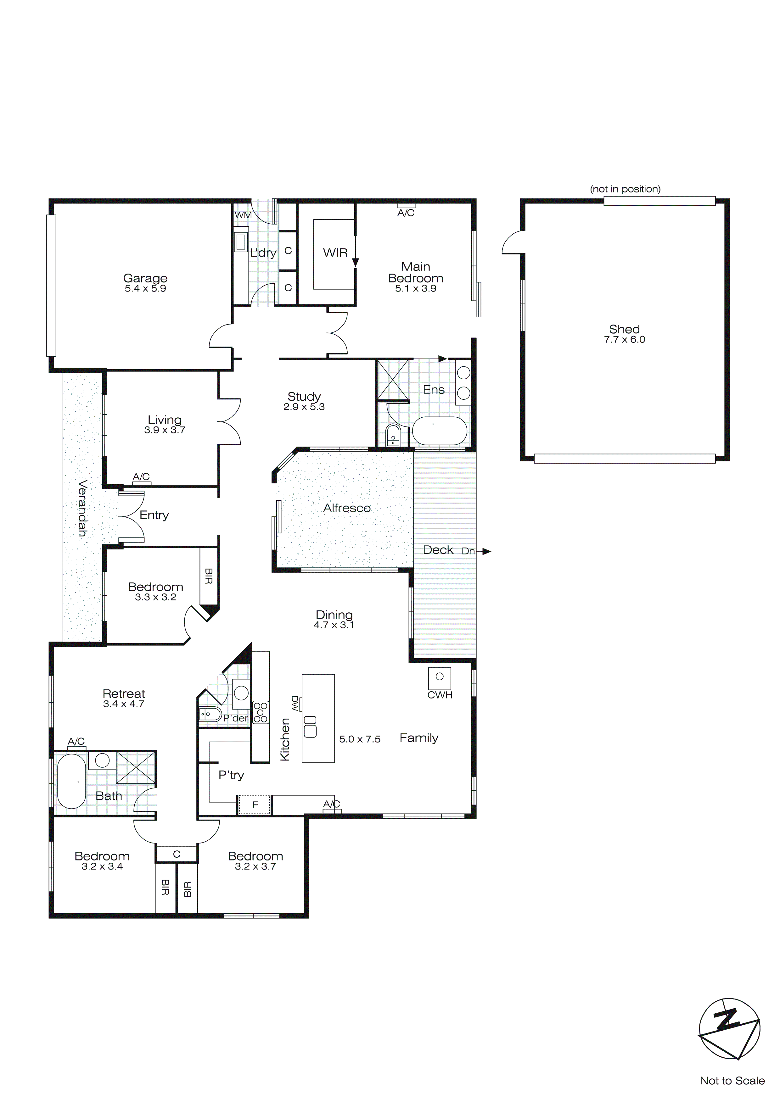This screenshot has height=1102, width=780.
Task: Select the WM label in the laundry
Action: [x=243, y=215]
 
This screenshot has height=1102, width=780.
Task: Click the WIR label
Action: [x=335, y=253]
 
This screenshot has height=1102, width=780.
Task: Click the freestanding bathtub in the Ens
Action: [x=440, y=431]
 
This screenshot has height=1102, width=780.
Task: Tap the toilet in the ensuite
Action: [x=393, y=435]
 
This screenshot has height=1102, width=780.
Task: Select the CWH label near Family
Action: [x=440, y=695]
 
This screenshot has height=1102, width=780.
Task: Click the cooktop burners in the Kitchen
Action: [x=261, y=712]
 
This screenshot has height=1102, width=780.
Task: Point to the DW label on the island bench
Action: [x=295, y=704]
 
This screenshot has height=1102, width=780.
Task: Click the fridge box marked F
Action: [x=255, y=805]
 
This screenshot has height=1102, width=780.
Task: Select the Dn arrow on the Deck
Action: [x=486, y=552]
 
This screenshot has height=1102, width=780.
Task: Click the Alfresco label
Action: [x=347, y=508]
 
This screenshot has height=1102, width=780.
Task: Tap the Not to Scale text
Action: [x=732, y=1081]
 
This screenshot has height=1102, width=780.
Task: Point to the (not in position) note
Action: [x=625, y=189]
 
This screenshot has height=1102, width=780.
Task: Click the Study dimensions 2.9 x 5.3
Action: [x=304, y=407]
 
